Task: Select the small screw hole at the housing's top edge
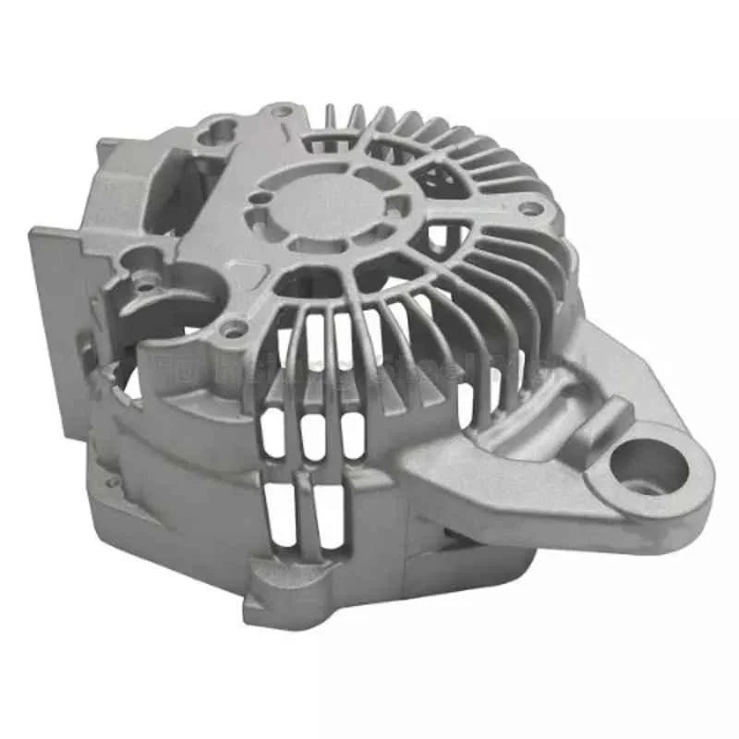[x=284, y=112]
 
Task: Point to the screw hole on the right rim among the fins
[x=529, y=209]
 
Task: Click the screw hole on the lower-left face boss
[x=235, y=327]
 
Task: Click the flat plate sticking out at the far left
[x=55, y=314]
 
